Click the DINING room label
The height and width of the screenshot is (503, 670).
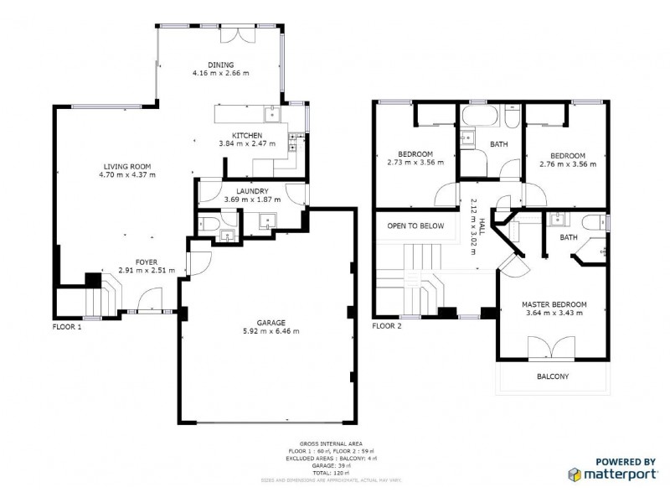point(221,65)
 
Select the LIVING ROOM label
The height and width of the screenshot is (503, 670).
point(126,166)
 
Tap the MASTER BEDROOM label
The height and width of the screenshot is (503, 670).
point(554,304)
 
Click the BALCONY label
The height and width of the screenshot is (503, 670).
point(553,376)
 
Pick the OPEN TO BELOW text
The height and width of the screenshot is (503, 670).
point(415,226)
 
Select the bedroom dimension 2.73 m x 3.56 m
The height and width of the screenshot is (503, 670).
point(415,163)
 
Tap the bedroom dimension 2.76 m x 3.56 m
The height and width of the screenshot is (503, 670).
point(567,163)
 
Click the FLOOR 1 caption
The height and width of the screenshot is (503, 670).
point(67,326)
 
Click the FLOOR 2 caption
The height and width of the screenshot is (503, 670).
point(387,326)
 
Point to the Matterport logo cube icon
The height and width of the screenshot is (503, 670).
point(576,474)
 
